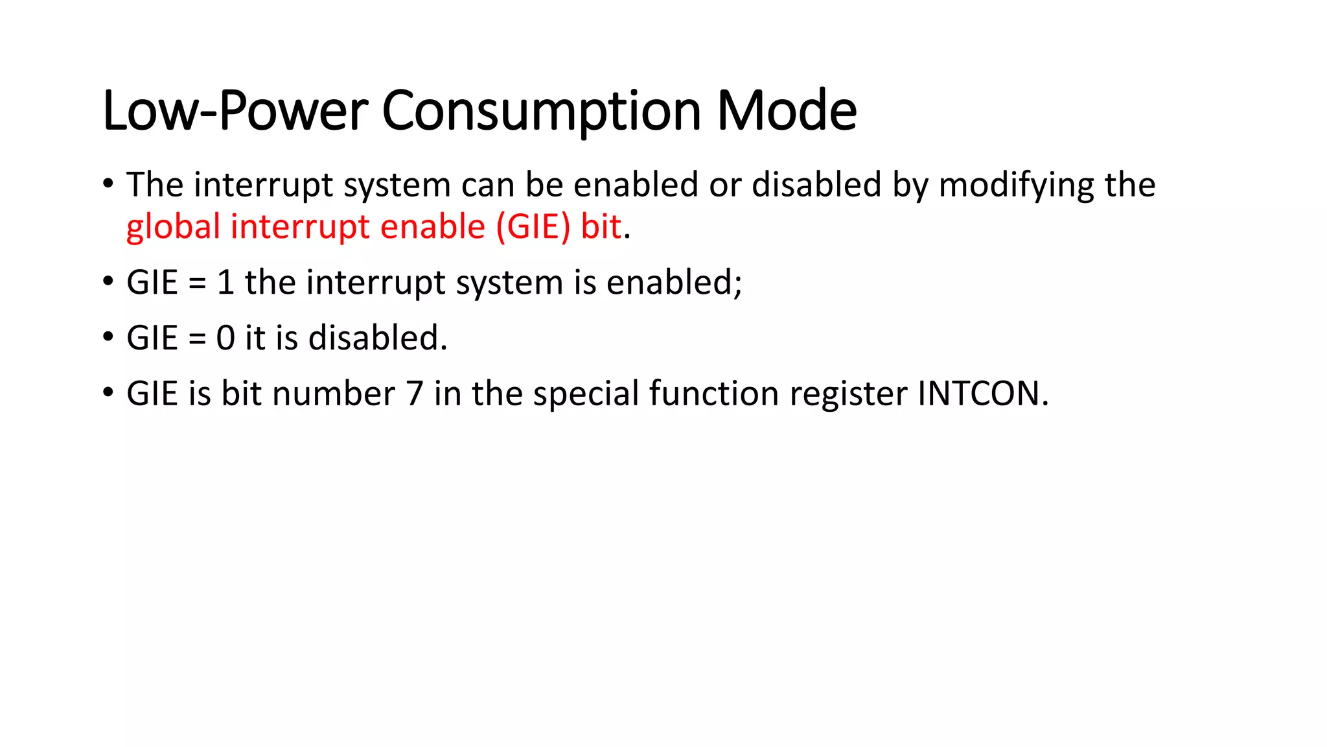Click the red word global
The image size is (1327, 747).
click(x=173, y=227)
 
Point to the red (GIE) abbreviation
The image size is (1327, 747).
click(x=533, y=227)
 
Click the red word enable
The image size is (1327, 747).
click(x=432, y=227)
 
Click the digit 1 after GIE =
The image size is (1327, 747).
click(x=225, y=283)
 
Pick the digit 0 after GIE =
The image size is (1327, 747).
click(x=225, y=338)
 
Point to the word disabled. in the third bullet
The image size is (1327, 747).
click(x=378, y=338)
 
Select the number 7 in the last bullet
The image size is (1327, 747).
click(x=415, y=394)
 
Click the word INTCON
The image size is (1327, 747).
click(x=982, y=394)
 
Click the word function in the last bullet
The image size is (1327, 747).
click(x=713, y=394)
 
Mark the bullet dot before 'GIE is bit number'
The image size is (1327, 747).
click(x=108, y=393)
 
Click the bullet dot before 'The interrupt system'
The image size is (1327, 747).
click(x=108, y=184)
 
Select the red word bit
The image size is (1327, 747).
click(x=601, y=227)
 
